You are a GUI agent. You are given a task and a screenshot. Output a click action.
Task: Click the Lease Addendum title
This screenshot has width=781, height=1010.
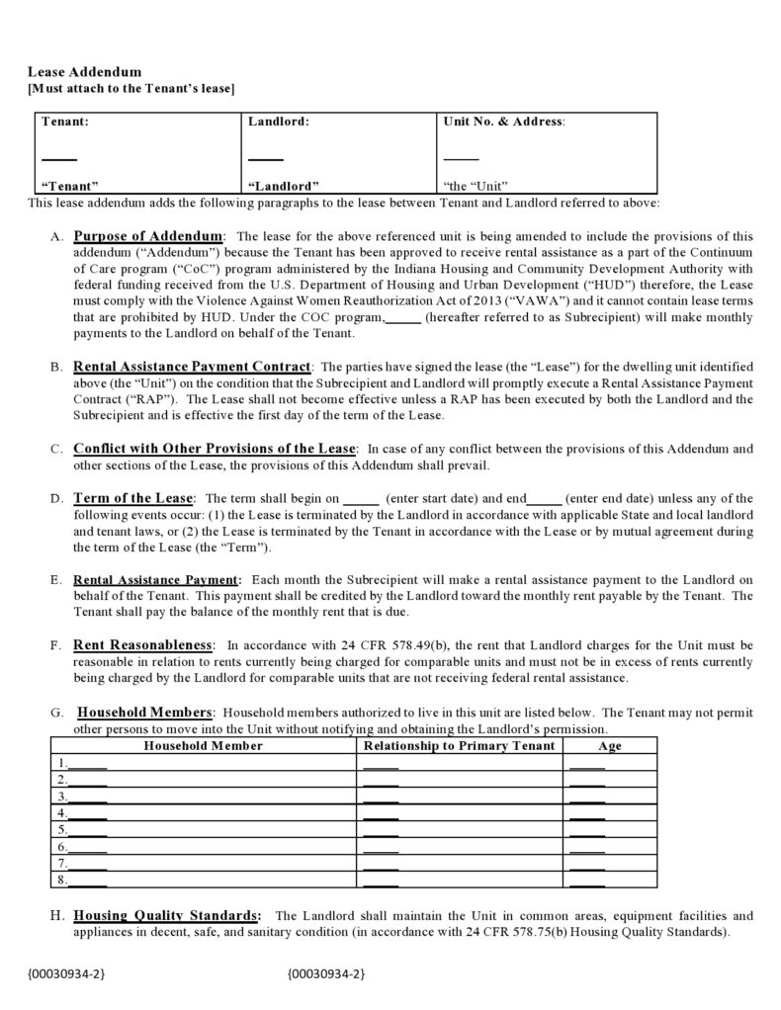[x=84, y=72]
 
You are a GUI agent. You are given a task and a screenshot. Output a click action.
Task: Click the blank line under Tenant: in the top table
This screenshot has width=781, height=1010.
[x=59, y=158]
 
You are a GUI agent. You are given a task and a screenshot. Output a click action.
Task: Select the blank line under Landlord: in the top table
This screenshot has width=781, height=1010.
[x=265, y=158]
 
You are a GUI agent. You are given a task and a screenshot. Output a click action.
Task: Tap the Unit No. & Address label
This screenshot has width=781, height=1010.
[x=504, y=122]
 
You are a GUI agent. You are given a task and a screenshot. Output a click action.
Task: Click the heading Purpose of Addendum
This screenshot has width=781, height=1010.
[x=148, y=236]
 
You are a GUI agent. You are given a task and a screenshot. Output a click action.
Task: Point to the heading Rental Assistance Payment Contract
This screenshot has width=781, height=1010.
[x=192, y=366]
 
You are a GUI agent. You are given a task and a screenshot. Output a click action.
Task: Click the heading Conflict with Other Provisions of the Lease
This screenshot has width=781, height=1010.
[x=214, y=448]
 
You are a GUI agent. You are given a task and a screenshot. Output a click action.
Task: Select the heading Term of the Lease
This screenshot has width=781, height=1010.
[x=133, y=497]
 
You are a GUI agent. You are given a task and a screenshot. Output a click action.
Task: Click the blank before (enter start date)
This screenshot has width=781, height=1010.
[x=361, y=499]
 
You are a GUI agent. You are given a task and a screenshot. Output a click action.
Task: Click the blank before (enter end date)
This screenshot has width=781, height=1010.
[x=545, y=499]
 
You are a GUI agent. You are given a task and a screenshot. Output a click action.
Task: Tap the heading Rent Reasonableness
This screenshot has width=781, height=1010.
[x=142, y=645]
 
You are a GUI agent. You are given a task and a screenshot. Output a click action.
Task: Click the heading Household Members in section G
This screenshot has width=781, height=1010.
[x=144, y=712]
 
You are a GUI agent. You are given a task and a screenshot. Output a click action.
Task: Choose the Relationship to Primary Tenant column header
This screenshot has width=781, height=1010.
[x=459, y=745]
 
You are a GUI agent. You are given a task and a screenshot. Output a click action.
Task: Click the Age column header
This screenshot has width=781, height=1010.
[x=610, y=745]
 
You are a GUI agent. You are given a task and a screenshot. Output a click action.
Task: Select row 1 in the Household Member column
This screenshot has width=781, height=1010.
[x=89, y=763]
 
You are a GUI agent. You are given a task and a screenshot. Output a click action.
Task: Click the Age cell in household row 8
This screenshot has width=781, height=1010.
[x=587, y=880]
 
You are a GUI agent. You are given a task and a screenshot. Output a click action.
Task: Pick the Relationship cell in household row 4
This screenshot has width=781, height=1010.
[x=381, y=813]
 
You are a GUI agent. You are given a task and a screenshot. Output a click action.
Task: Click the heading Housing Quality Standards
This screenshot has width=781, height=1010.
[x=167, y=915]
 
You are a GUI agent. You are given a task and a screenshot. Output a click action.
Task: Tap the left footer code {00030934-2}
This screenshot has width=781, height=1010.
[x=66, y=974]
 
